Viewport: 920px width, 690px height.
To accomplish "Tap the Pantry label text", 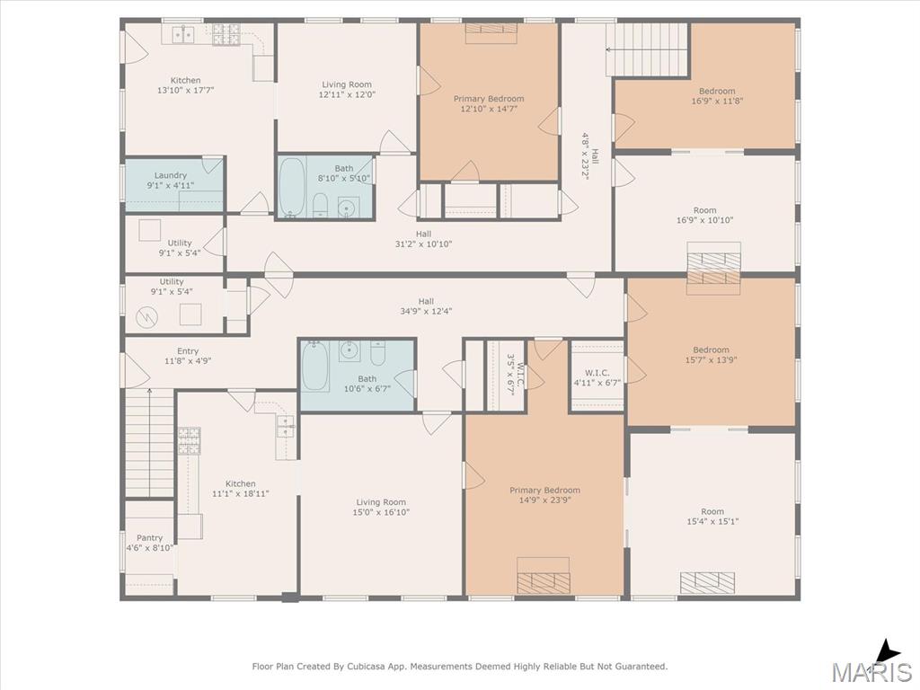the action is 150,538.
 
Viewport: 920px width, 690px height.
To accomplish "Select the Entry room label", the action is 188,351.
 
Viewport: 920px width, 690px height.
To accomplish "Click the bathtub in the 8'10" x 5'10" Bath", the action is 292,187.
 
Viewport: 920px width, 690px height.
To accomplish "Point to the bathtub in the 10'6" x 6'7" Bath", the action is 315,367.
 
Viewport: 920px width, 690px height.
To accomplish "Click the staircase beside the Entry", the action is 150,443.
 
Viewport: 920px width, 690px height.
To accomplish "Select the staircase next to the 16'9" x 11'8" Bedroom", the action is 647,49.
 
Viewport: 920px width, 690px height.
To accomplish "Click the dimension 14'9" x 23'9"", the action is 545,500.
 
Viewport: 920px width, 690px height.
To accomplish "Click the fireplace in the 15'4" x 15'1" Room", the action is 707,582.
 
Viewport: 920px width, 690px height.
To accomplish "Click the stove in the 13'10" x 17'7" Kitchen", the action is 226,35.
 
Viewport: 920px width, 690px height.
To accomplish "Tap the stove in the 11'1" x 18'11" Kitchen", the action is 190,440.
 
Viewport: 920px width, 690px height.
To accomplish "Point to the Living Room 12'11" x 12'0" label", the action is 348,89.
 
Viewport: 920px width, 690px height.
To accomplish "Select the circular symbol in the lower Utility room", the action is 146,317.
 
